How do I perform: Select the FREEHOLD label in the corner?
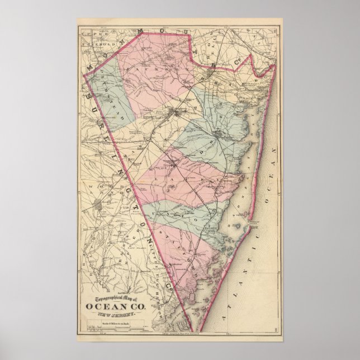point(92,42)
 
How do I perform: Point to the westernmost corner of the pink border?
point(84,73)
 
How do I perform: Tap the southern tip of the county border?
point(193,330)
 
